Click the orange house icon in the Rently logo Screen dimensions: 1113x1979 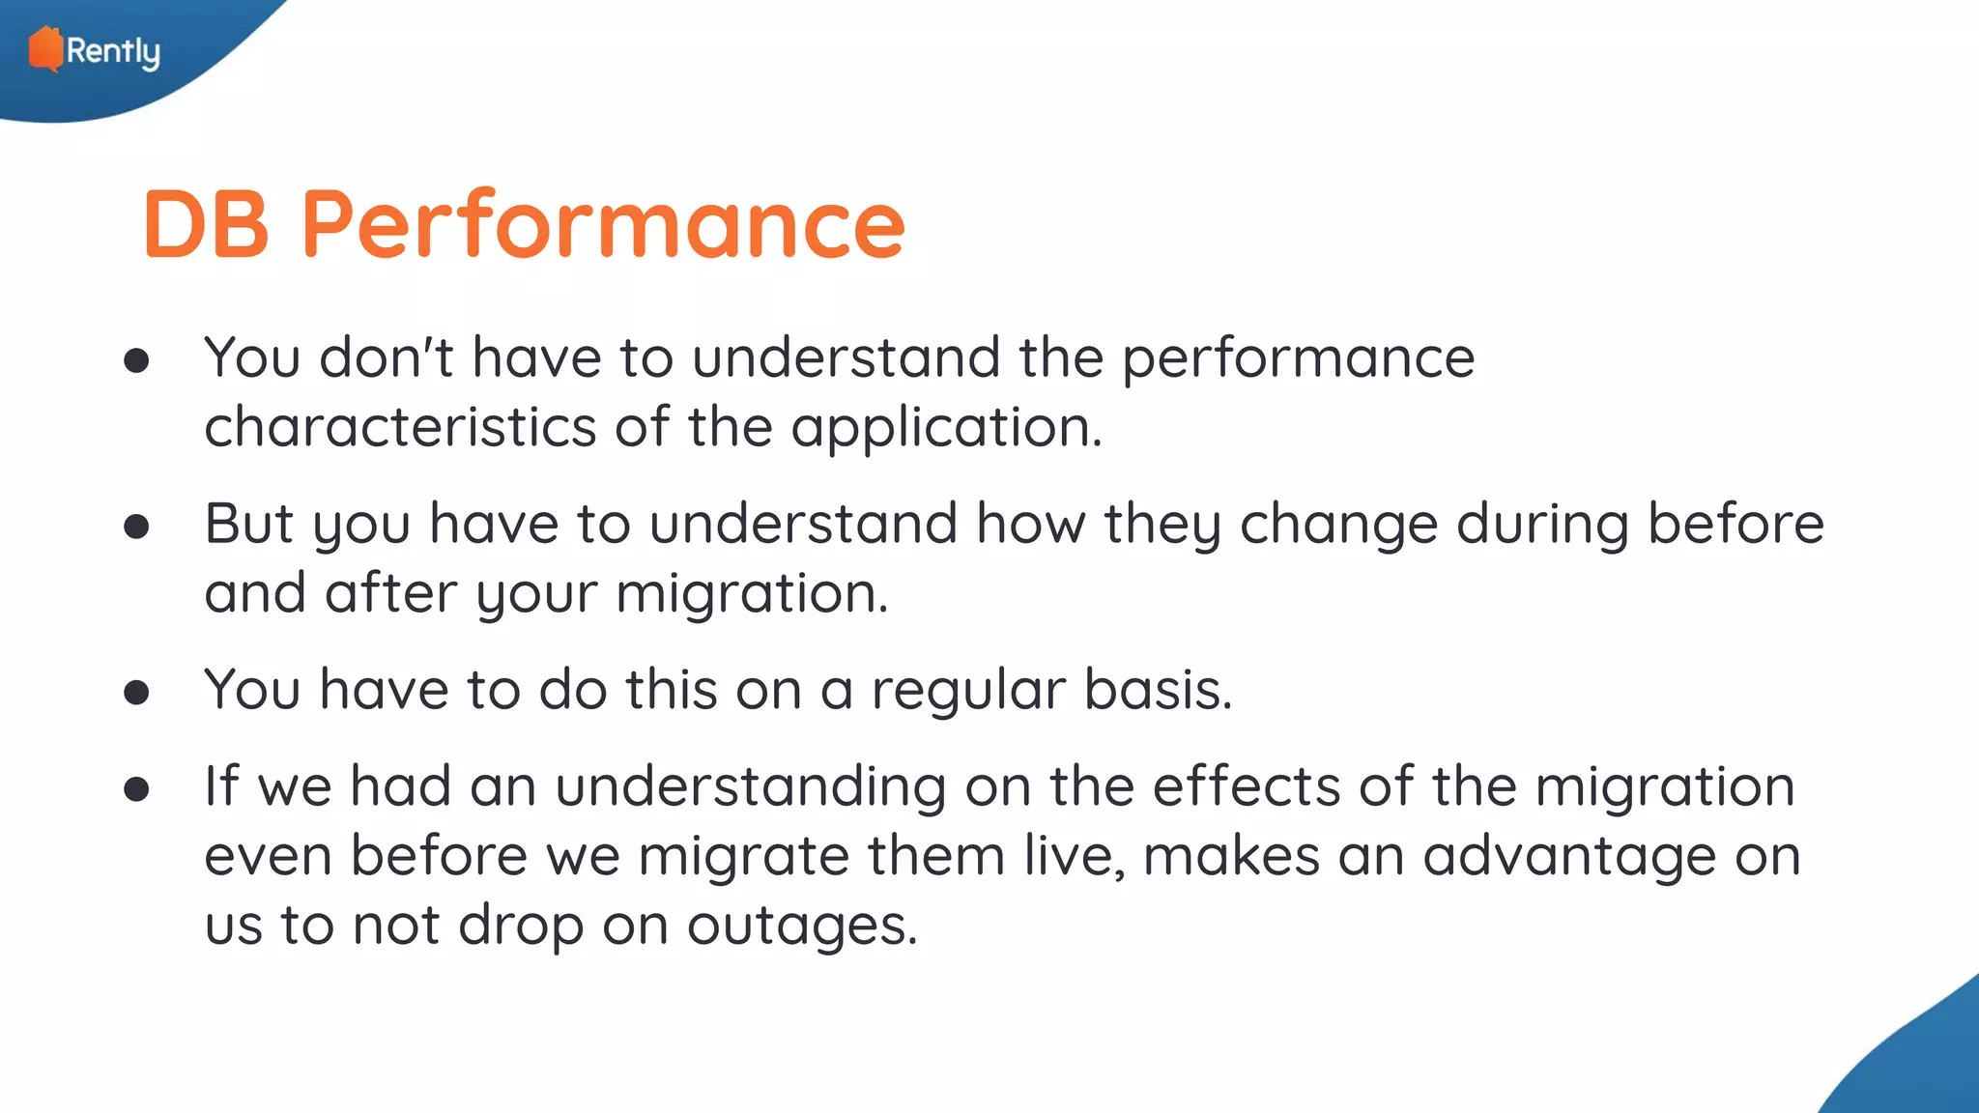[44, 48]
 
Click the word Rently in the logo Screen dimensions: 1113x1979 [113, 51]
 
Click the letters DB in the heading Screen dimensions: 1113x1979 [206, 224]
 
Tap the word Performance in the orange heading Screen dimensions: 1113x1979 [603, 224]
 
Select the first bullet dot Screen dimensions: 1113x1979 [136, 360]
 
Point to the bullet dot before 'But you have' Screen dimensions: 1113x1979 [136, 527]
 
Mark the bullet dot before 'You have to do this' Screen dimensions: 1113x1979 [136, 692]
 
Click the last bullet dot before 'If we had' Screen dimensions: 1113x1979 [136, 789]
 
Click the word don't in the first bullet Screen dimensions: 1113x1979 [386, 357]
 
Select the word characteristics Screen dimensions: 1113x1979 [400, 427]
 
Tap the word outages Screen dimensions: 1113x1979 [801, 927]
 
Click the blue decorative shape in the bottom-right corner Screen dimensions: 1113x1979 [1918, 1063]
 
